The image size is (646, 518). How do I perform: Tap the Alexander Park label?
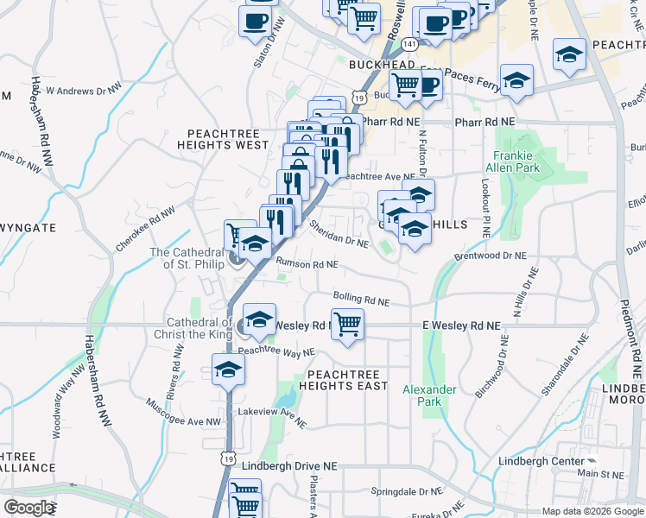[x=429, y=395]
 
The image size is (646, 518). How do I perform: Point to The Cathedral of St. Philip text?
[x=187, y=258]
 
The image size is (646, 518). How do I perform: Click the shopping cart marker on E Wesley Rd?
[x=347, y=325]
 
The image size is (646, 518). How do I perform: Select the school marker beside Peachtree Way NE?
[x=228, y=370]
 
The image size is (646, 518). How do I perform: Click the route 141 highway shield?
[x=411, y=43]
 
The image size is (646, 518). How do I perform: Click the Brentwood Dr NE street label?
[x=490, y=256]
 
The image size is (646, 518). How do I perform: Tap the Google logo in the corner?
[x=29, y=508]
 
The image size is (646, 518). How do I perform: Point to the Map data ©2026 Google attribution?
[x=591, y=511]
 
